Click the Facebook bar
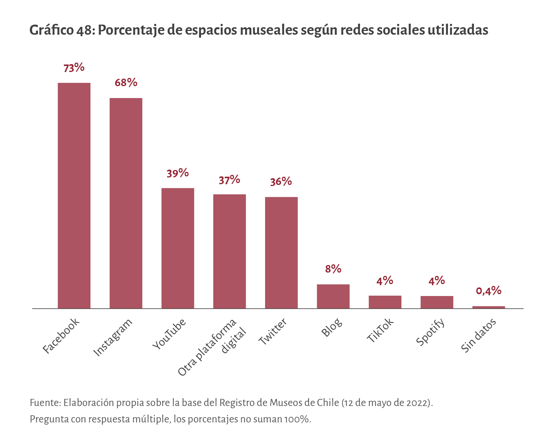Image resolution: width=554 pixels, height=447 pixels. point(74,196)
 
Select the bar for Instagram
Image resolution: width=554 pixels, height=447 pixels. point(126,203)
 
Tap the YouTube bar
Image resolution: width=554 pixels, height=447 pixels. point(178,248)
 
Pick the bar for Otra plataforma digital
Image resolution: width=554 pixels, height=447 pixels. point(229,251)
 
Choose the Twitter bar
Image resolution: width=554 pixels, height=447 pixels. point(281,253)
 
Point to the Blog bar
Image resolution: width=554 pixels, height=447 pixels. point(333,296)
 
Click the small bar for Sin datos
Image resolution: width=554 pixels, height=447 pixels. point(488,307)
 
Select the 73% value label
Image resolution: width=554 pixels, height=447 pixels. point(74,68)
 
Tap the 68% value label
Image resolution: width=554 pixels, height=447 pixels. point(126,83)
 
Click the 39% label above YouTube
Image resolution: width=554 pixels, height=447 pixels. point(178,173)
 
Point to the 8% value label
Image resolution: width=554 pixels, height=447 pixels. point(333,269)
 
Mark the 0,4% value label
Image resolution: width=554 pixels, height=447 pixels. point(488,291)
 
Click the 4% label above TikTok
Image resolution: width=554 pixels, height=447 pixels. point(385,281)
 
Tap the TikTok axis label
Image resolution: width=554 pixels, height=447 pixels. point(380,331)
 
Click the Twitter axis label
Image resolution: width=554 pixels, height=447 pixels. point(273,331)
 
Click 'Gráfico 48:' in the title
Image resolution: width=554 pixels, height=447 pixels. point(62,30)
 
